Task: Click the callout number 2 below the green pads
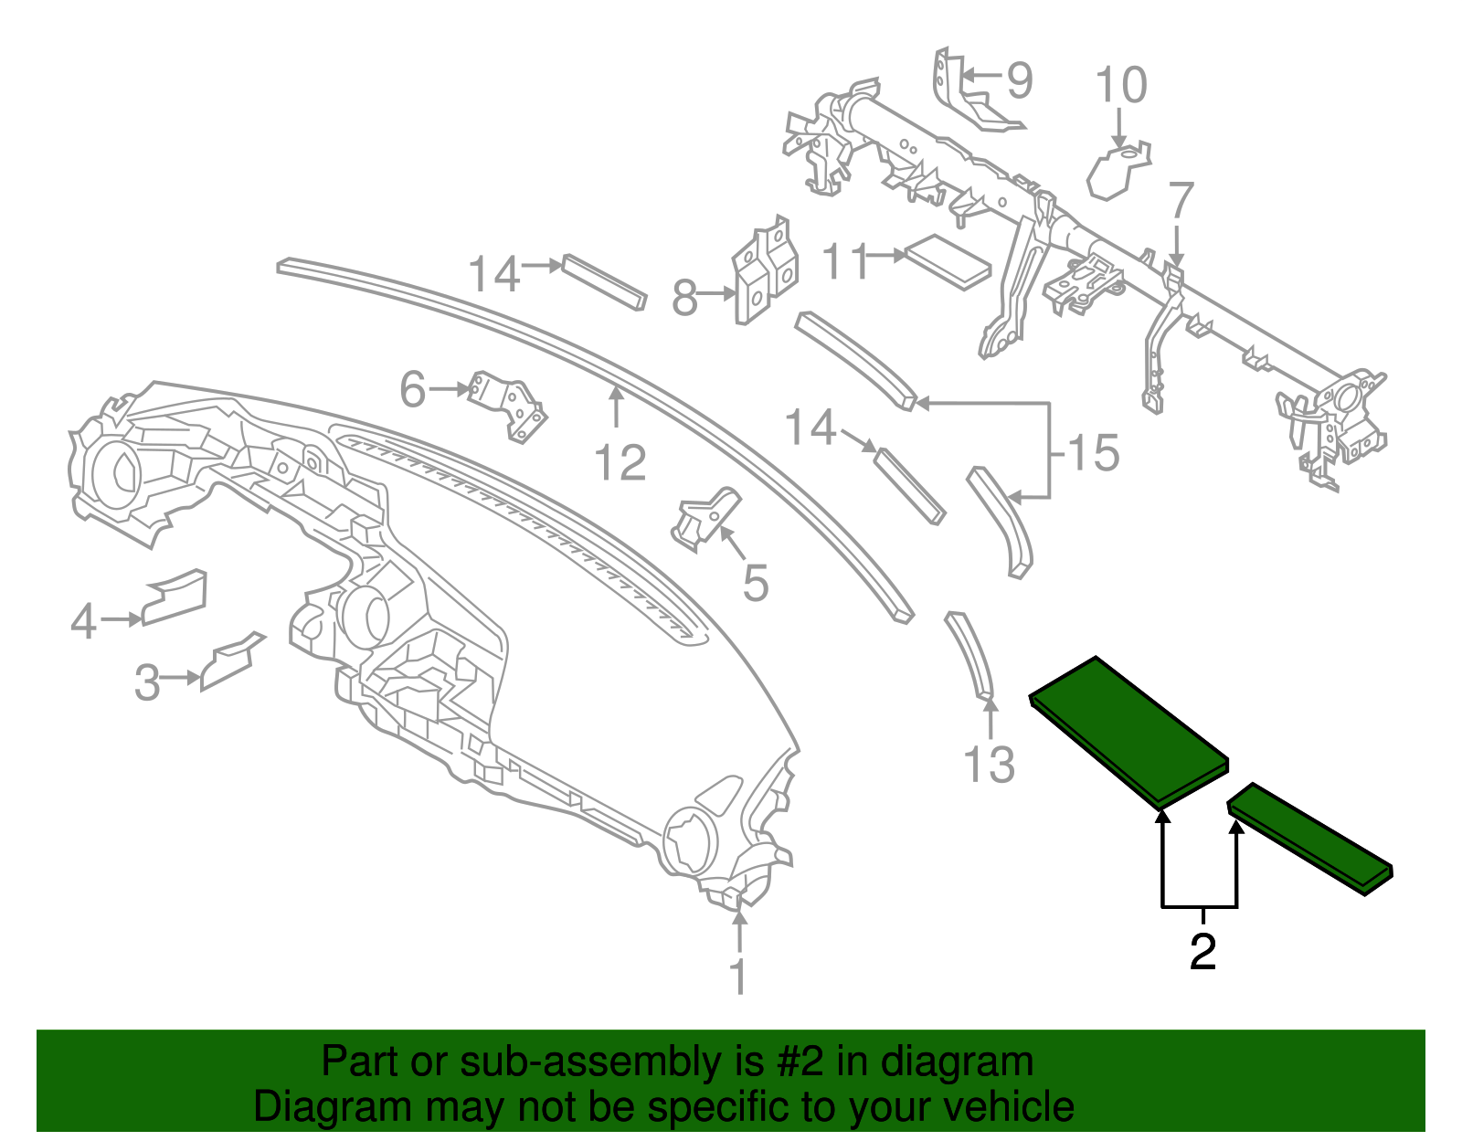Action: tap(1202, 952)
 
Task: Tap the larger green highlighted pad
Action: tap(1128, 731)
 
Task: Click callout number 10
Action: tap(1120, 86)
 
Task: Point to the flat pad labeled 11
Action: tap(947, 260)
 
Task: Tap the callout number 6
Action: tap(413, 390)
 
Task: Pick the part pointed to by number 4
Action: tap(175, 597)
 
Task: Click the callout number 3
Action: tap(147, 681)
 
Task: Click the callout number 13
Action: tap(989, 764)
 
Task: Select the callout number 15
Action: tap(1093, 453)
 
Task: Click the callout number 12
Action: tap(620, 462)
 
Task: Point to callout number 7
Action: tap(1181, 200)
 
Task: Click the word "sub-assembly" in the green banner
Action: tap(588, 1062)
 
